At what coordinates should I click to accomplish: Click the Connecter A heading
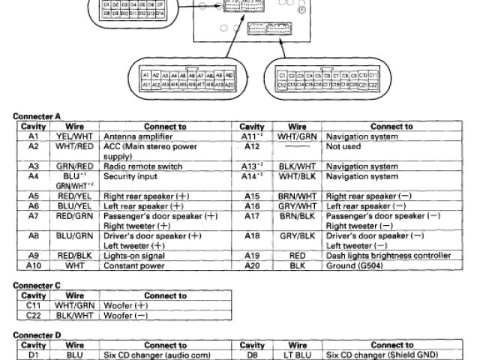[x=37, y=116]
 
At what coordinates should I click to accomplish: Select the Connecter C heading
[x=37, y=286]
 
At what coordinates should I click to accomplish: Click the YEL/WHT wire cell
[x=74, y=137]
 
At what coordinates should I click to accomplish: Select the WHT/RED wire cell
[x=74, y=147]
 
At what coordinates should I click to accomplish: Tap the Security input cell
[x=127, y=177]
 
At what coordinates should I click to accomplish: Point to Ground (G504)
[x=352, y=265]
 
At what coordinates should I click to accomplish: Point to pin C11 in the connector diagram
[x=372, y=76]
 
